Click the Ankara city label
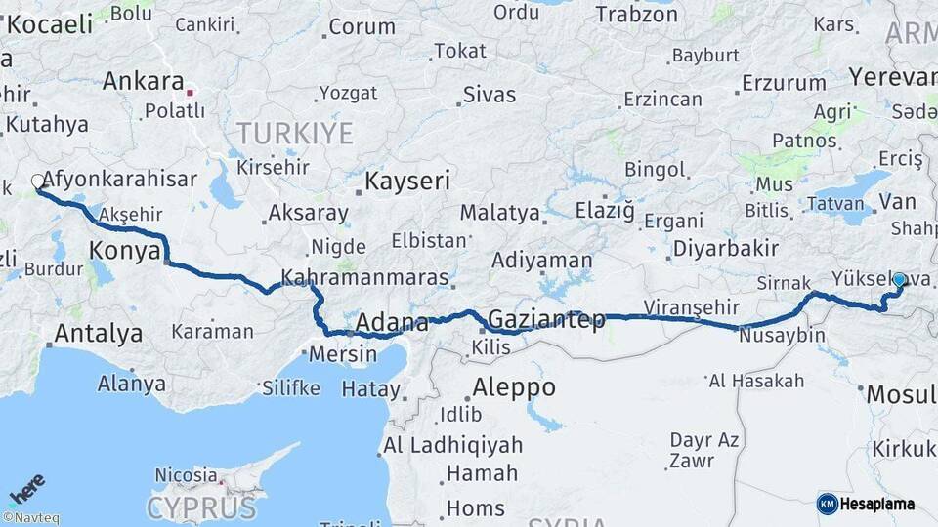pos(143,81)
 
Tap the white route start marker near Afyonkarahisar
pos(38,182)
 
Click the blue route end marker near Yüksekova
pos(899,280)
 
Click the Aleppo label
pos(514,387)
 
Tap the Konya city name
pos(124,251)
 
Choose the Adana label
pos(392,323)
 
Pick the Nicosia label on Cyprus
pos(186,475)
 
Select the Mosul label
pos(897,394)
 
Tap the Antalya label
pos(98,334)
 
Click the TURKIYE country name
pos(294,134)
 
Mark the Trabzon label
pos(636,14)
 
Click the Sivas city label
pos(489,95)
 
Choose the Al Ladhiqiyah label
pos(452,445)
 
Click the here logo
pos(26,489)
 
